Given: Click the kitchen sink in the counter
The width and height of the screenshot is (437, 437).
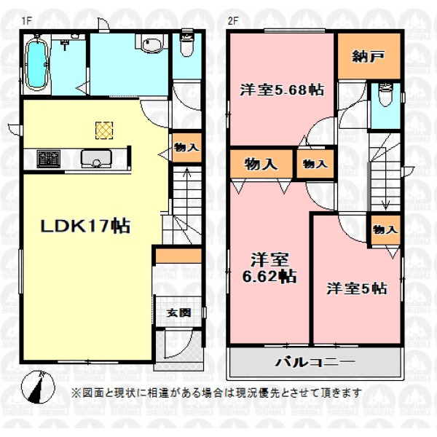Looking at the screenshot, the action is tap(96, 159).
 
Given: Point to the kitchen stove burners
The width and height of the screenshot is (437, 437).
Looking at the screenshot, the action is tap(49, 159).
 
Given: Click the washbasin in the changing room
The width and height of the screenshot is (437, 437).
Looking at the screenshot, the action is tap(152, 44).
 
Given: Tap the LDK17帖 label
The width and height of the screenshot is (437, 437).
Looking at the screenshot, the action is tap(85, 226).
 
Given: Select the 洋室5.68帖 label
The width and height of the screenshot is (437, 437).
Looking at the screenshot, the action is tap(282, 90).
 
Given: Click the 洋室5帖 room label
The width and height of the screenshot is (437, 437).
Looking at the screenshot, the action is tap(357, 288).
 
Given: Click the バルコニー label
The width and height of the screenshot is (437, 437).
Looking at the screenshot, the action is tap(315, 362).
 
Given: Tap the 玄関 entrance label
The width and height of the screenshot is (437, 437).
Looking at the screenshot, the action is tap(179, 312).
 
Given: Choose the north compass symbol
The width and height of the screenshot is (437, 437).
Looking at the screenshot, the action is tap(38, 387).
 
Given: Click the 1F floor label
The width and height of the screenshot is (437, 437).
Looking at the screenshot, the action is tap(26, 21).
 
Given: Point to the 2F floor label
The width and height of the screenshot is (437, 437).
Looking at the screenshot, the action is tap(233, 21).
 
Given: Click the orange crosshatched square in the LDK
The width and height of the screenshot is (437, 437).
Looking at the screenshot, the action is tap(104, 130).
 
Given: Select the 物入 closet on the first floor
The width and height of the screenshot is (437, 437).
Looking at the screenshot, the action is tap(186, 147).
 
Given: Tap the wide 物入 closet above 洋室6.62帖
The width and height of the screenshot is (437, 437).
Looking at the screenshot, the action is tap(261, 164).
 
